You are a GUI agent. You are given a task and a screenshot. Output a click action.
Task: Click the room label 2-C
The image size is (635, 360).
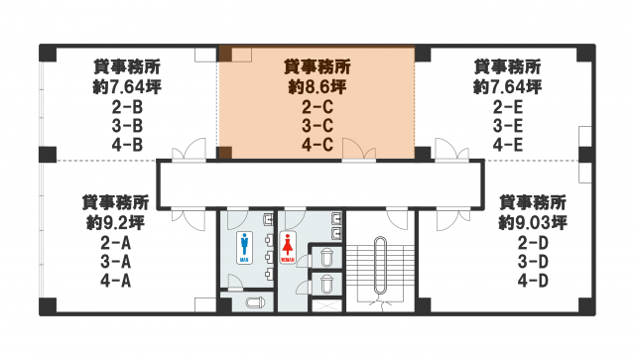pos(317,107)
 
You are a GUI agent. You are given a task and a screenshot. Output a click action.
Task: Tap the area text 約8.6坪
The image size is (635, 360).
pos(317,86)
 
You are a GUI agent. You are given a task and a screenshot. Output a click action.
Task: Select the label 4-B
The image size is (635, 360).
pos(127,145)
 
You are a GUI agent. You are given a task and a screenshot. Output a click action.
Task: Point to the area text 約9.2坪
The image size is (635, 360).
pos(115,222)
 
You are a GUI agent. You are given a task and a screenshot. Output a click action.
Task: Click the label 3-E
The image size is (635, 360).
pos(508,126)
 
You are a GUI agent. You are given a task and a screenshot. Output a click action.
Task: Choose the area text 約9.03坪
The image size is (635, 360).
pos(533,222)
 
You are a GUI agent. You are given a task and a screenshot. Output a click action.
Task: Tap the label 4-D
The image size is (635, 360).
pos(533,281)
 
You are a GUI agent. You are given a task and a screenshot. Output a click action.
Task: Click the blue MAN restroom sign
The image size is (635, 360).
pos(244,247)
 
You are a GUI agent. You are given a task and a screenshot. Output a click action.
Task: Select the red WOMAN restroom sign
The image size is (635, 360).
pos(288,247)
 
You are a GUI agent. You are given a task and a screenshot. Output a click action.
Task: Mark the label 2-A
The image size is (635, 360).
pos(115,243)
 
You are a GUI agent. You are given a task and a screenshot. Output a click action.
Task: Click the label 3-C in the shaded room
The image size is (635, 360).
pos(317,126)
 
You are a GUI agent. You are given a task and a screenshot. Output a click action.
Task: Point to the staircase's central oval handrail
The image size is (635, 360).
pos(380,265)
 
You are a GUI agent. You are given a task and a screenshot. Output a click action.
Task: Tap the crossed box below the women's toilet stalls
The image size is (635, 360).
pos(326,305)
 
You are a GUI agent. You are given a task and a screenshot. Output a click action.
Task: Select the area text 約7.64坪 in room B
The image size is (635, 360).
pos(127,86)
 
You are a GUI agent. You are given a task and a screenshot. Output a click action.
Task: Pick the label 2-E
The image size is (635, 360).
pos(508,107)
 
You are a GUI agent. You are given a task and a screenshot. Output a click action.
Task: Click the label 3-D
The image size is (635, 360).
pos(533,262)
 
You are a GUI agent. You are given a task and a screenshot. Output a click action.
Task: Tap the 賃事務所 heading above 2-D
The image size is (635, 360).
pos(533,202)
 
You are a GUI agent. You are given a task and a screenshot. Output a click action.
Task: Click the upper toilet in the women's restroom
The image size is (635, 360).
pos(326,258)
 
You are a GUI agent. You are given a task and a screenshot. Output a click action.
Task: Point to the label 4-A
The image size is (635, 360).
pos(115,281)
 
